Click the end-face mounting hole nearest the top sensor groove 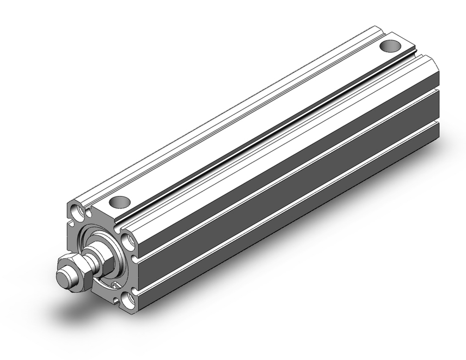pos(128,241)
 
